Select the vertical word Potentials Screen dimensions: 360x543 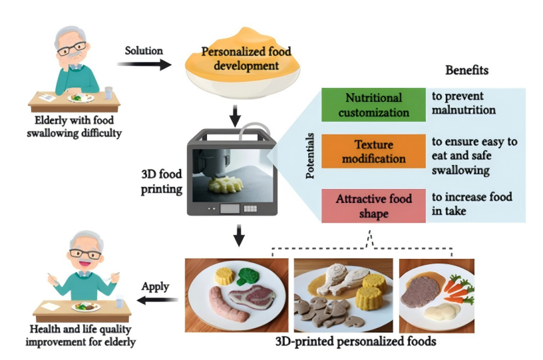tap(310, 154)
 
